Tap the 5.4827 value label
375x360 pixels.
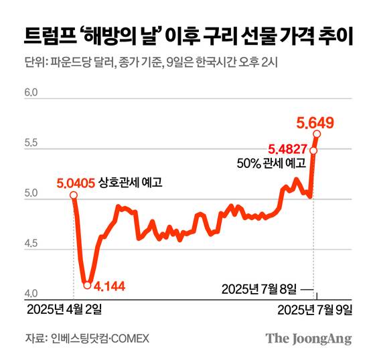(288, 149)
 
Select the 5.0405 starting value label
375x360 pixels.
(74, 181)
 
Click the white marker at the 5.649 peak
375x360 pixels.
(317, 134)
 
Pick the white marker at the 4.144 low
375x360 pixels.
(88, 285)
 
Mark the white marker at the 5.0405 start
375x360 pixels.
(73, 195)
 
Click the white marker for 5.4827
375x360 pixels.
(313, 150)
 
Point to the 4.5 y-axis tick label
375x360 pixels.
(31, 245)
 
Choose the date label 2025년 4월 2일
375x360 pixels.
(65, 309)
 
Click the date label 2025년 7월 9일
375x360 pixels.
(315, 309)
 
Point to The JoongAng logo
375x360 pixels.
(309, 339)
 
